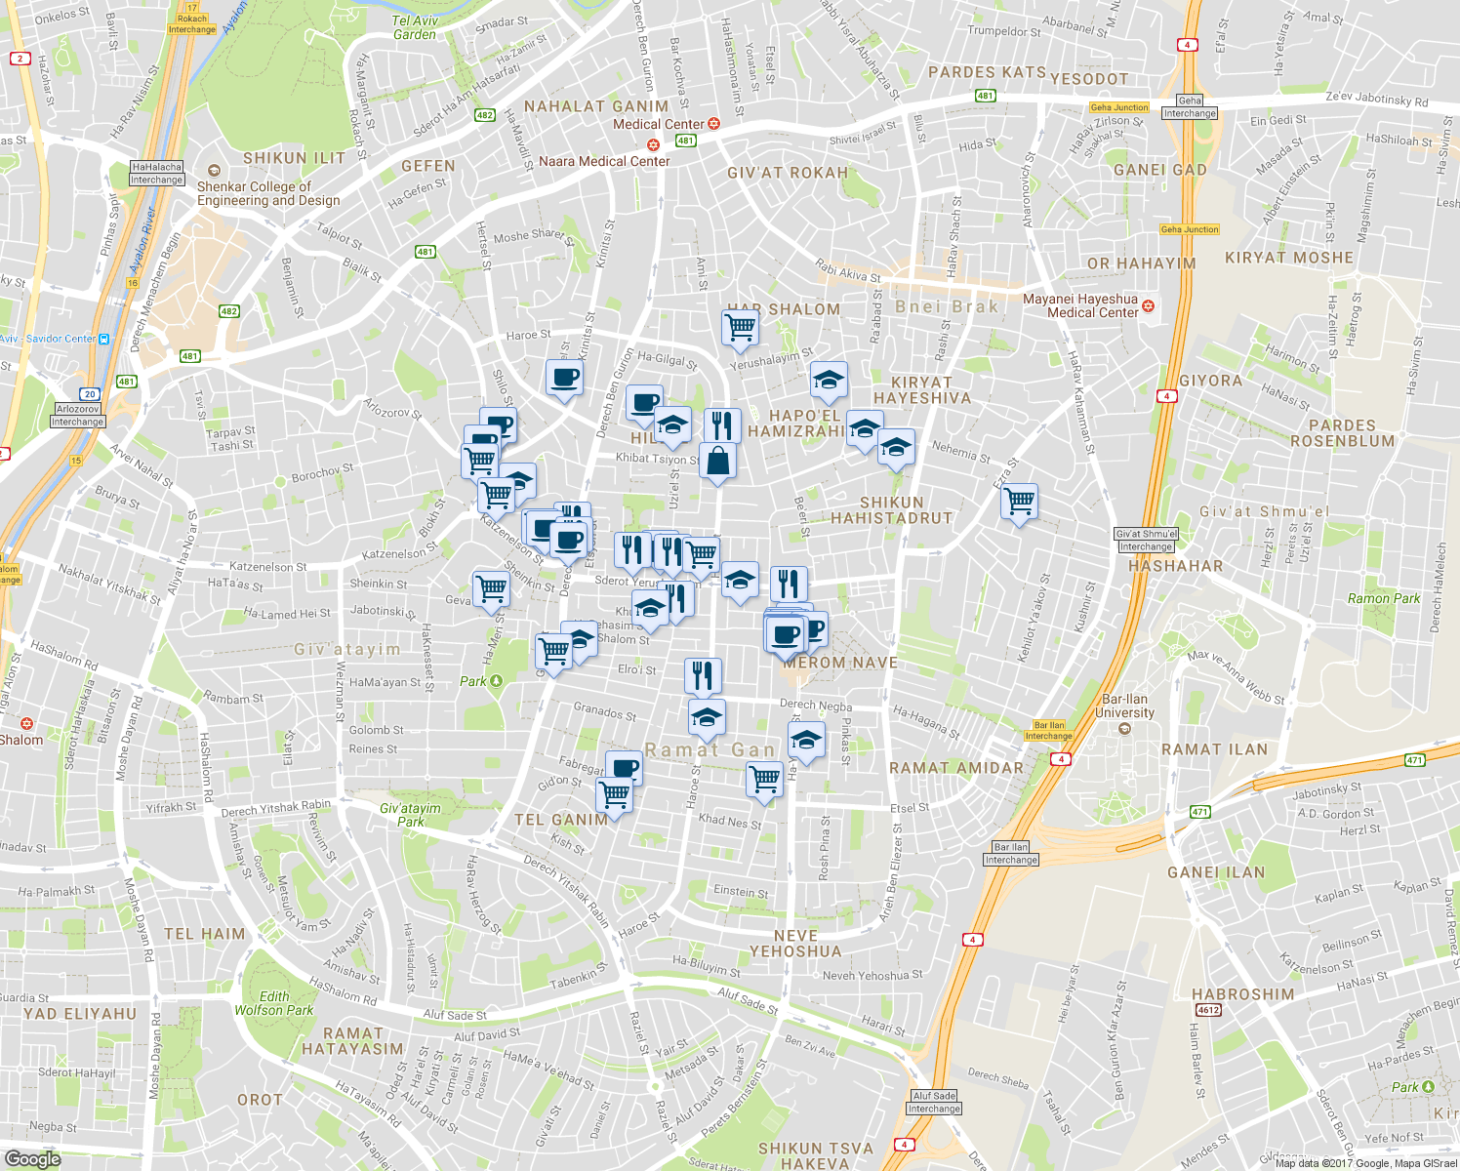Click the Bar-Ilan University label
point(1126,706)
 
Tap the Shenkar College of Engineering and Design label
point(267,193)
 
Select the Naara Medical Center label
point(604,161)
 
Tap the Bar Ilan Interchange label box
point(1011,854)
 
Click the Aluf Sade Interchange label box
point(934,1102)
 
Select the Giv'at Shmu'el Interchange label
point(1147,540)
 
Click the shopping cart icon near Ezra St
point(1019,503)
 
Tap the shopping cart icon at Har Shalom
point(740,329)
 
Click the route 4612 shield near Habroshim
point(1208,1010)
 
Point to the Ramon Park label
point(1383,598)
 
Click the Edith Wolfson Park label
point(273,1003)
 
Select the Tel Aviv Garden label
point(415,27)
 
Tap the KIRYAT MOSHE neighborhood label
point(1289,258)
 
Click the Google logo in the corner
point(32,1158)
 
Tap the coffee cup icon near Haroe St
point(564,378)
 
